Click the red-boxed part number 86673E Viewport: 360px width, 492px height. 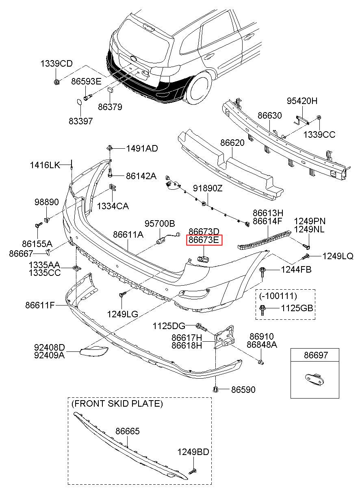204,240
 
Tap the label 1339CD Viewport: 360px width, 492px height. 56,64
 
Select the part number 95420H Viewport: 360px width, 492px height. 302,101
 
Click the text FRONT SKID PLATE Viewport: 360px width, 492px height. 117,403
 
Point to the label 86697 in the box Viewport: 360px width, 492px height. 316,355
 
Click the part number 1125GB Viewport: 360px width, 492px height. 297,308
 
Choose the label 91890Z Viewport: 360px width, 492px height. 208,188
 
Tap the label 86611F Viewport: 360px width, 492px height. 40,305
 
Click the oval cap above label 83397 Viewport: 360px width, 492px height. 79,102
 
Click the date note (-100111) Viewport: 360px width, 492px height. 278,296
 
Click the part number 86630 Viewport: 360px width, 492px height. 269,115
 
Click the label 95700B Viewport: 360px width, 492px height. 160,223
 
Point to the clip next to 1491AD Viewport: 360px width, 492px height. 110,147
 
